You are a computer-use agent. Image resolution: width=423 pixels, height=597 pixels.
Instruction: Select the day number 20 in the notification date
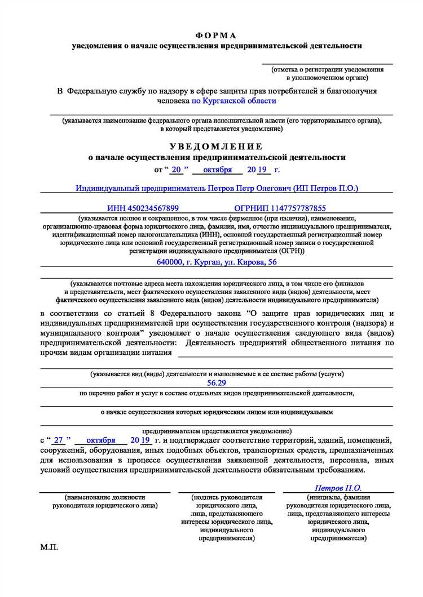(x=177, y=170)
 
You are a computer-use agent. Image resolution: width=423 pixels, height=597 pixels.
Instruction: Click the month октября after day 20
(x=217, y=170)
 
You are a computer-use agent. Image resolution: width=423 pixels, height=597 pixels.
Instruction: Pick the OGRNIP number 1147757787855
(x=280, y=208)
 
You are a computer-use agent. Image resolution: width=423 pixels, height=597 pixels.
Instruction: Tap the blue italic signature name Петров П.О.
(x=338, y=488)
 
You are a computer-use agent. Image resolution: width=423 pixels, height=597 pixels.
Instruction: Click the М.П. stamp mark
(x=49, y=547)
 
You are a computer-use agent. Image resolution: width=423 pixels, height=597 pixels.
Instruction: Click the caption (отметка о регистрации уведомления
(x=327, y=70)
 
